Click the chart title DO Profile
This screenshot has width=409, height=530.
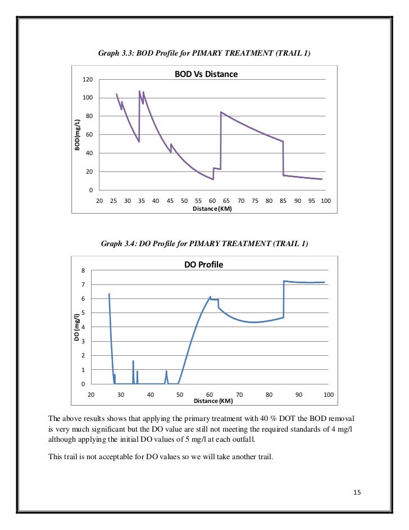203,264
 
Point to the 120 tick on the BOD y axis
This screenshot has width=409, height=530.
87,80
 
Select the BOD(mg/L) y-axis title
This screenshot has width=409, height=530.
77,135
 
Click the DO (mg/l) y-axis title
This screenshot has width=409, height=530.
77,327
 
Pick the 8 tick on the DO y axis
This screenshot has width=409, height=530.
83,271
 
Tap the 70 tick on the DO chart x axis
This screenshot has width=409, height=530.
239,395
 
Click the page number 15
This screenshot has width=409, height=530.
357,493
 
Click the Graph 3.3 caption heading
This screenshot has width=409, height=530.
204,53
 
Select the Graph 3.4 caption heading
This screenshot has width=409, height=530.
204,244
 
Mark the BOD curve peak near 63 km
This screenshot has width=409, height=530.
221,112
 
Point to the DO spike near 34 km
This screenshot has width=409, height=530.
133,361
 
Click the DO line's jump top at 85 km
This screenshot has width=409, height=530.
284,281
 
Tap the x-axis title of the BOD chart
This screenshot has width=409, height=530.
212,208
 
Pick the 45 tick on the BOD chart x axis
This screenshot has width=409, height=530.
170,201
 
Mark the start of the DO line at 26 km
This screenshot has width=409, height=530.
109,294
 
